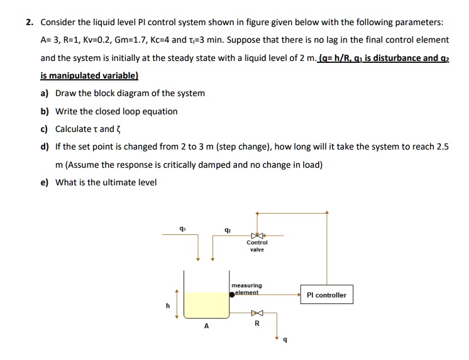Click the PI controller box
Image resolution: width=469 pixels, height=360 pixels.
pyautogui.click(x=326, y=295)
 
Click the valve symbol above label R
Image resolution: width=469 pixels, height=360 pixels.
pyautogui.click(x=256, y=312)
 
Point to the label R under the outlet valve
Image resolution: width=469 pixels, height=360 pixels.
pyautogui.click(x=256, y=324)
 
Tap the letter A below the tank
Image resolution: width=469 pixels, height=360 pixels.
pyautogui.click(x=206, y=325)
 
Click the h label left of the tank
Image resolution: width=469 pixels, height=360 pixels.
pyautogui.click(x=167, y=306)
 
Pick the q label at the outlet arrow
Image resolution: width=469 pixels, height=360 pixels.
pyautogui.click(x=286, y=340)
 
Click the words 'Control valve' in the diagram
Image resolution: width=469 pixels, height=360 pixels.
pyautogui.click(x=257, y=246)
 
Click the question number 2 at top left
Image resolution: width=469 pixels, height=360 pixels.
pyautogui.click(x=29, y=22)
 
